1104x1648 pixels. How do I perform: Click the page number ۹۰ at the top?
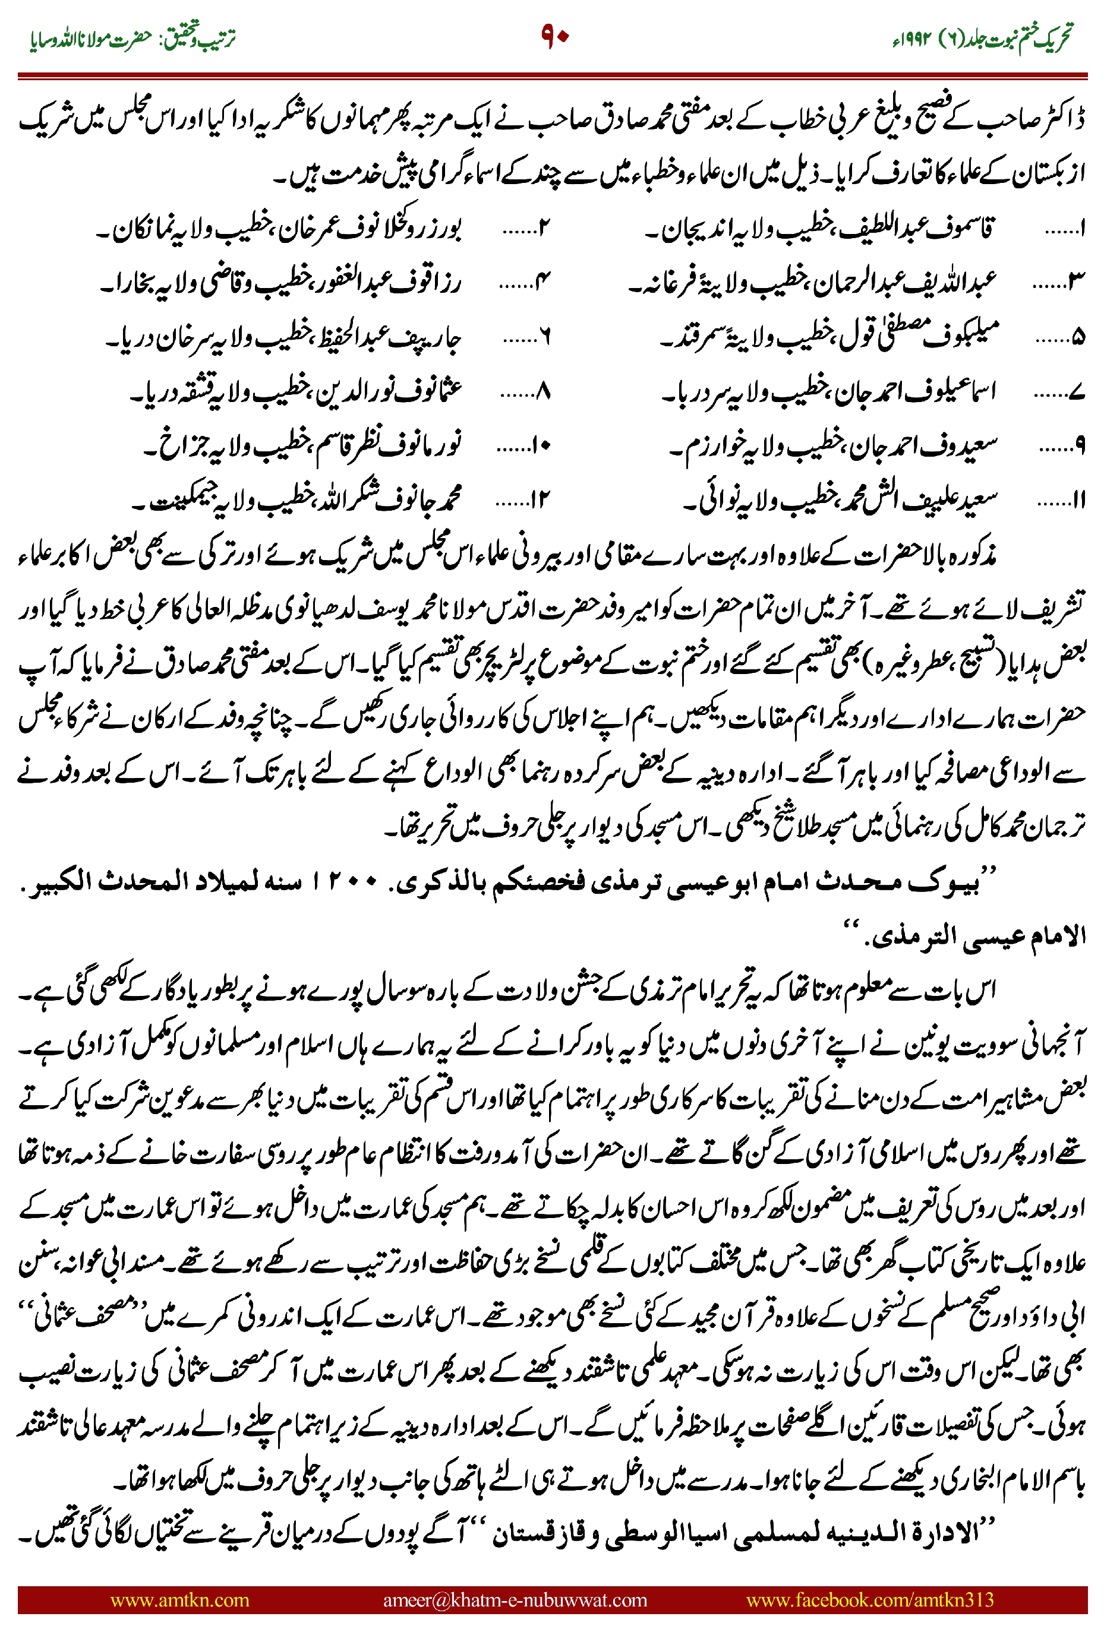point(554,36)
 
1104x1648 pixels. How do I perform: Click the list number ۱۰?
point(542,446)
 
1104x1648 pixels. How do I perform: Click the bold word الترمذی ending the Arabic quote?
point(909,936)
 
